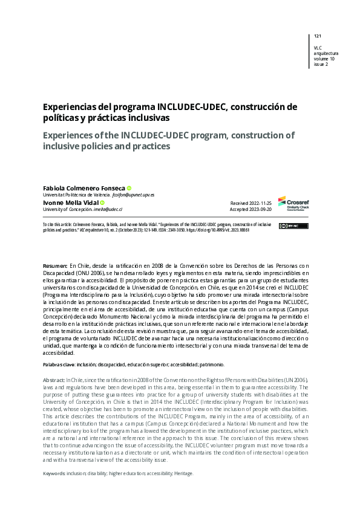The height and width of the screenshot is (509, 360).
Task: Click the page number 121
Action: click(318, 36)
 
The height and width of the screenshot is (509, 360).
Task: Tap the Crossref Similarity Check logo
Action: click(293, 203)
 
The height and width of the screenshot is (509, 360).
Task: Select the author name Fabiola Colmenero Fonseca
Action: click(84, 188)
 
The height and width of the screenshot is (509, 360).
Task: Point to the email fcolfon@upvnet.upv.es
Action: click(134, 195)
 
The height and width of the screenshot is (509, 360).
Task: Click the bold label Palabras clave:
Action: click(59, 365)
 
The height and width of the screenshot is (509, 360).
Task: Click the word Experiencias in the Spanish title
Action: click(68, 107)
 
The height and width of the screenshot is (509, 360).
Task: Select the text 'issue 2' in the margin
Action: click(321, 65)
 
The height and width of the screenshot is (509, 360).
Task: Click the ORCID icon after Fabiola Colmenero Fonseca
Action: click(129, 188)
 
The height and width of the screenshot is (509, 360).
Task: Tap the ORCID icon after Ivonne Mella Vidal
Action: click(103, 203)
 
